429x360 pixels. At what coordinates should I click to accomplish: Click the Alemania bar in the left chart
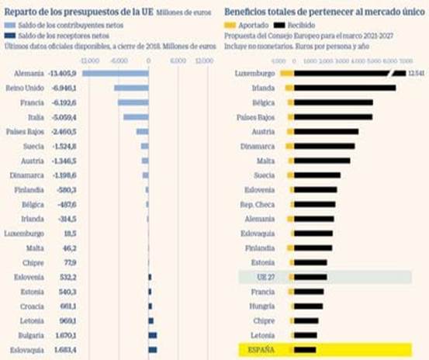tap(115, 73)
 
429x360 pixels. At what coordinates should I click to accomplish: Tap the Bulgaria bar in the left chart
tap(152, 334)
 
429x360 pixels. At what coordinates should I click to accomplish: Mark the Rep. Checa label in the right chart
tap(257, 204)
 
